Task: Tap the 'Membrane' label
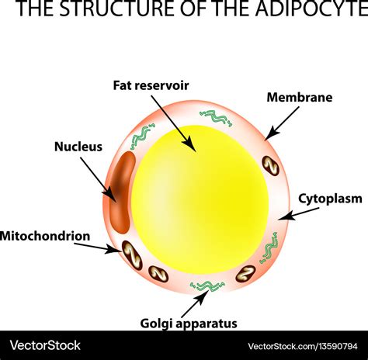pyautogui.click(x=299, y=98)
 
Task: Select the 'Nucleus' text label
pyautogui.click(x=78, y=146)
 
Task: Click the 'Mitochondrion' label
pyautogui.click(x=45, y=235)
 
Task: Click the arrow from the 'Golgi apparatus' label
pyautogui.click(x=200, y=301)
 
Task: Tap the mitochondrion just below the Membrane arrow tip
pyautogui.click(x=269, y=164)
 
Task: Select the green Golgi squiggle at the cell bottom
pyautogui.click(x=207, y=286)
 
